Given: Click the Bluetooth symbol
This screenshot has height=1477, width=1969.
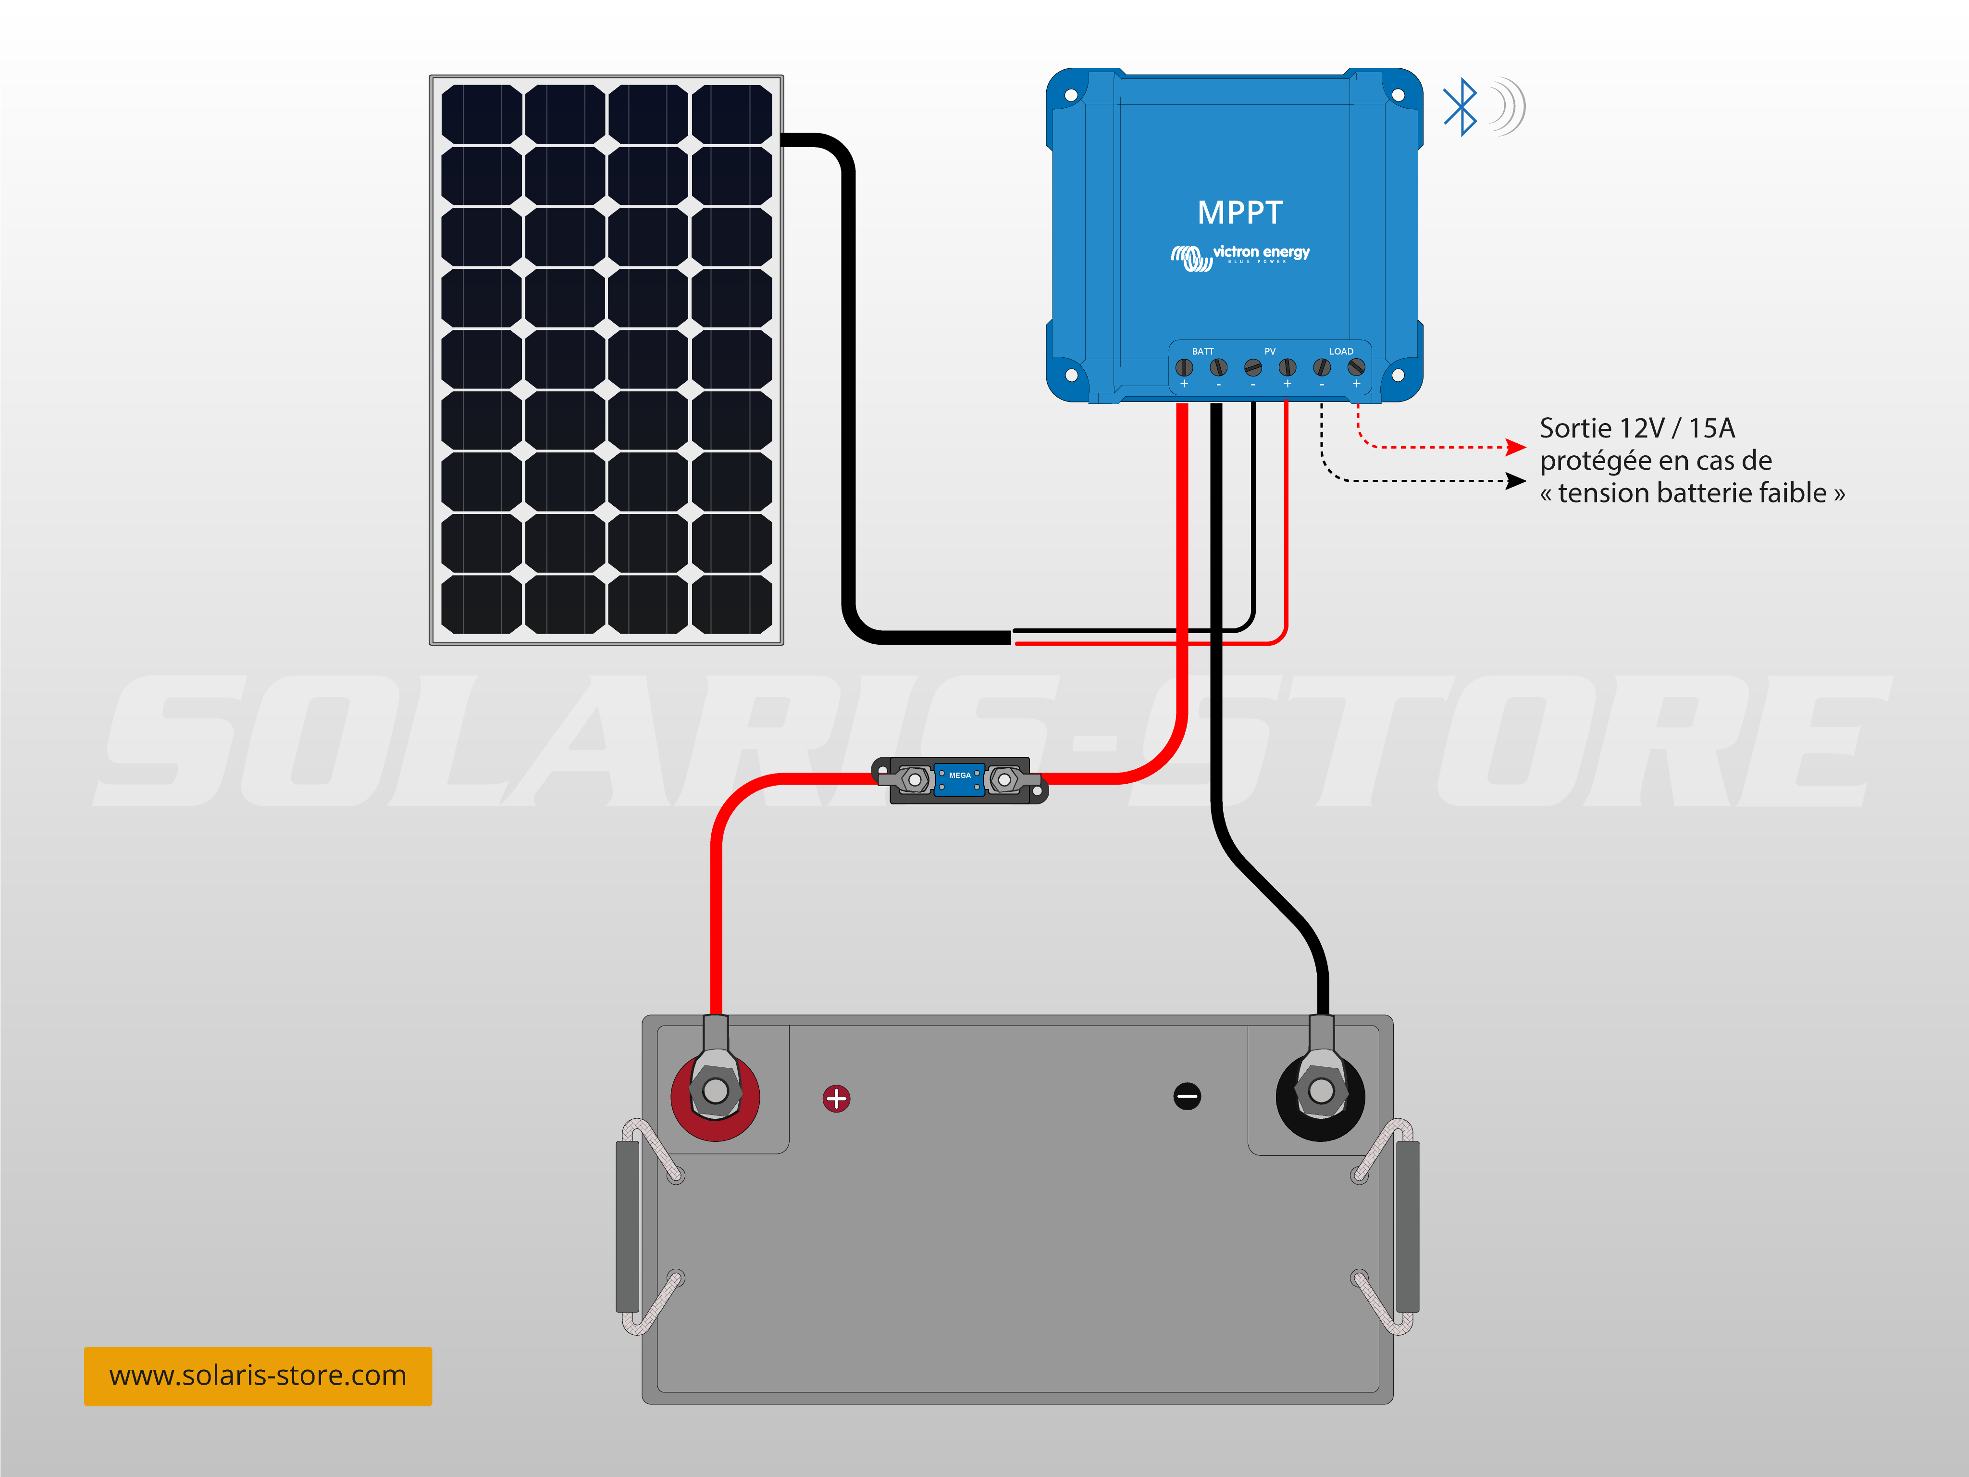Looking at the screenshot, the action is click(x=1460, y=107).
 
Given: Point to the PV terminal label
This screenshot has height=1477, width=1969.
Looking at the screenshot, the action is click(x=1270, y=351).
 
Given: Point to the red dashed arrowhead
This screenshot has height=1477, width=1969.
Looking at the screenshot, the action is click(x=1516, y=447).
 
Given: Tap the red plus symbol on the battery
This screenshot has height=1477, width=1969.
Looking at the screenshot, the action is click(x=836, y=1099).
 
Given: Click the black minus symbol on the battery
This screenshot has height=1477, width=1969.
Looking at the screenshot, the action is click(x=1188, y=1096).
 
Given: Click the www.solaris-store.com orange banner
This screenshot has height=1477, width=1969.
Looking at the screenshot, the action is click(x=258, y=1377).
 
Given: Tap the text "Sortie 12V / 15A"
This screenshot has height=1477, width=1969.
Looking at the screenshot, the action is click(x=1637, y=428).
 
